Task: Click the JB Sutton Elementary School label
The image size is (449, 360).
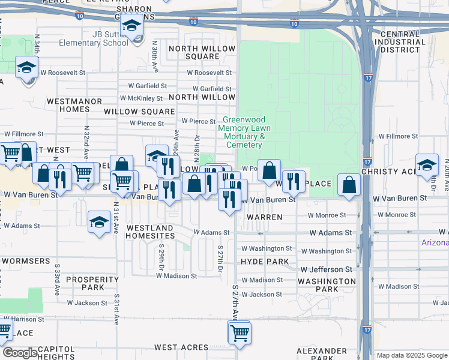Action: [x=93, y=39]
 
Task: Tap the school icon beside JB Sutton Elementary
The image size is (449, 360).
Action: [x=131, y=26]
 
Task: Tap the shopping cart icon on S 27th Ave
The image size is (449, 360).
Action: [x=240, y=332]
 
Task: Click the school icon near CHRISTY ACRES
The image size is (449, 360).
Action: [x=427, y=164]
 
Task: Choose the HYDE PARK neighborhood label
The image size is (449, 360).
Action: [x=264, y=262]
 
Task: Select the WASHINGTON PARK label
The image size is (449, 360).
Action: [x=327, y=285]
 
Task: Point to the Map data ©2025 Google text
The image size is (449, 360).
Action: [x=411, y=355]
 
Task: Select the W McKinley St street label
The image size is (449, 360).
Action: [x=141, y=98]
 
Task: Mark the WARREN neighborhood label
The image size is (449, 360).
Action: [x=264, y=217]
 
